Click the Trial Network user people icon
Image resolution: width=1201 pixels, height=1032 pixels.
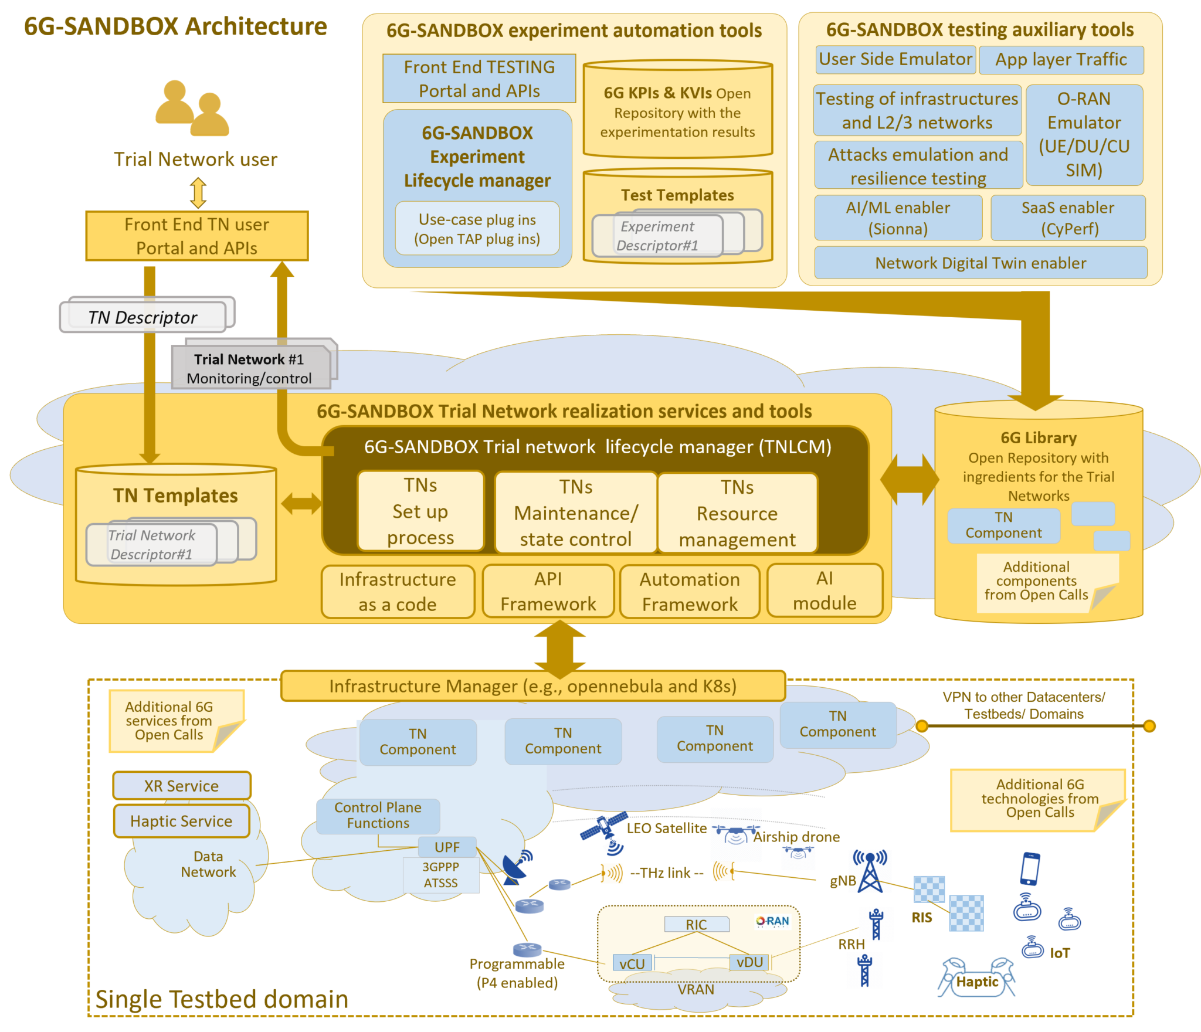(192, 108)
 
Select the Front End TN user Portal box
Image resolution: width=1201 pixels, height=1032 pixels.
(197, 236)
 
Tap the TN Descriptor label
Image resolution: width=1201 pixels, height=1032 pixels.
(143, 317)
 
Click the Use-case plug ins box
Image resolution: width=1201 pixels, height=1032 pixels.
(477, 229)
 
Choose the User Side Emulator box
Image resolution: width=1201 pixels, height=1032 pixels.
(895, 60)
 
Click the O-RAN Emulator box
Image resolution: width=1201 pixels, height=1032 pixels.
(1084, 134)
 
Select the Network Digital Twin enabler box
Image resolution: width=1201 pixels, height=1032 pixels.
(980, 263)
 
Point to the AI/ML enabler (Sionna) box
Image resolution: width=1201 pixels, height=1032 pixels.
(898, 218)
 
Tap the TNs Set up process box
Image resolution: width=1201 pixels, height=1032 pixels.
(420, 511)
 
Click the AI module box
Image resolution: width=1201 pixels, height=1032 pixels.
(824, 590)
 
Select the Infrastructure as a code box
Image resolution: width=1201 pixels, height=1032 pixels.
(398, 591)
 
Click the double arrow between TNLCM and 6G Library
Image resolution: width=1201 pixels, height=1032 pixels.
(910, 479)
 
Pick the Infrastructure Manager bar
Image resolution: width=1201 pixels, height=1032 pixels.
(532, 685)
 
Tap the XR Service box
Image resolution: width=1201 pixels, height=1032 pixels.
(182, 786)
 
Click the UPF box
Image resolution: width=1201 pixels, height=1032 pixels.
(447, 847)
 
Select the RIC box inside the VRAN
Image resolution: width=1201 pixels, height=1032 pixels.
(696, 924)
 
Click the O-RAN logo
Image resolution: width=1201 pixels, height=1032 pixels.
(772, 921)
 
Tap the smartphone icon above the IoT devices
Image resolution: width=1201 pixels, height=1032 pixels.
(1030, 868)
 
